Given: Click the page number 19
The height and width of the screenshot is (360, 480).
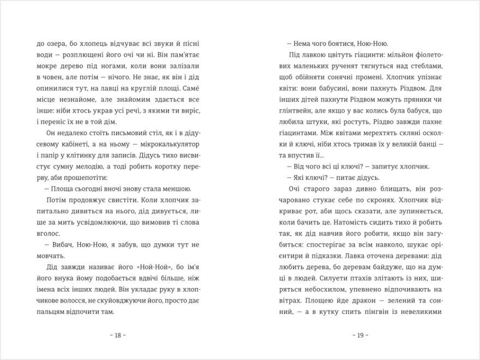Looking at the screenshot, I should tap(360, 334).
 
